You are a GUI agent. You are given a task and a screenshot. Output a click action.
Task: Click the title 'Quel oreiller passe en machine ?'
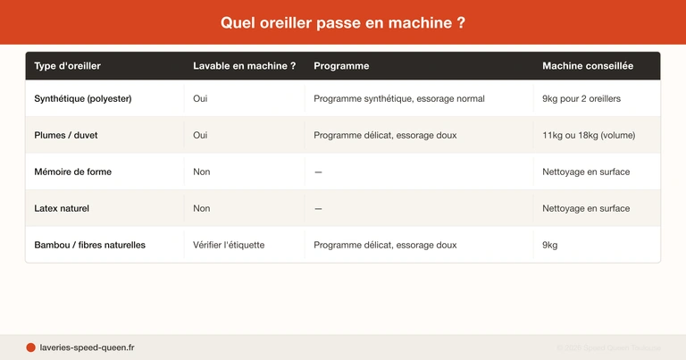pos(343,22)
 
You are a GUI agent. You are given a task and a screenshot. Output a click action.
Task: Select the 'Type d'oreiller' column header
pos(67,66)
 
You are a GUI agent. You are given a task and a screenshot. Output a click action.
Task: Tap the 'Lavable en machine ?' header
pos(244,66)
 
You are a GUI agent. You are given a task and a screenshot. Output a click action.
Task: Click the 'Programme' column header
pos(341,66)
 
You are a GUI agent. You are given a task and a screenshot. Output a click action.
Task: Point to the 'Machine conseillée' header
pos(588,66)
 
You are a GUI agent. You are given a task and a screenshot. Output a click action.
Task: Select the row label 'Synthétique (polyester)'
pos(83,98)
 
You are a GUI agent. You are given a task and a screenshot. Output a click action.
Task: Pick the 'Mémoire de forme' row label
pos(73,172)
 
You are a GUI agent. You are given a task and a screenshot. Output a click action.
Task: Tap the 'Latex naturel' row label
pos(62,208)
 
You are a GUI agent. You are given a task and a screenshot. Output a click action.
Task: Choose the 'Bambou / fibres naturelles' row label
pos(89,245)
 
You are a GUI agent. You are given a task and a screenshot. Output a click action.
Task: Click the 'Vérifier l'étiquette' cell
pos(229,245)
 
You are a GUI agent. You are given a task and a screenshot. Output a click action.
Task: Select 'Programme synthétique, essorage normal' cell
pos(399,98)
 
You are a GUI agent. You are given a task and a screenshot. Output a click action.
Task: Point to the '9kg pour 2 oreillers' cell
pos(581,98)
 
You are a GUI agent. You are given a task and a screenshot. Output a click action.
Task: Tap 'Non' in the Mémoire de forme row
pos(202,172)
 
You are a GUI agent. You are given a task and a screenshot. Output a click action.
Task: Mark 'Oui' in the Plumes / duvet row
pos(200,135)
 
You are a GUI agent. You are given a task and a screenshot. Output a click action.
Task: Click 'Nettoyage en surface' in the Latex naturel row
pos(586,208)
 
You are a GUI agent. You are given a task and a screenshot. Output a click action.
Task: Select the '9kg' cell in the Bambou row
pos(550,245)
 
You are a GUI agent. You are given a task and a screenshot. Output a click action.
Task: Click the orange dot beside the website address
pos(30,347)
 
